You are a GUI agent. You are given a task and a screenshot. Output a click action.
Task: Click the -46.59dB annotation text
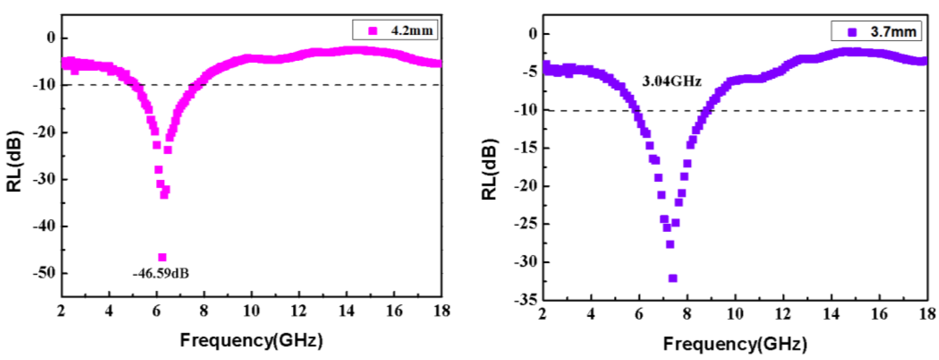[x=161, y=273]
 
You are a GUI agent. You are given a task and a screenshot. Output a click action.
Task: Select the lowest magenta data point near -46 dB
[x=162, y=257]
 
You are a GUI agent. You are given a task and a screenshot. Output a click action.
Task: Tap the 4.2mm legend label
[x=412, y=31]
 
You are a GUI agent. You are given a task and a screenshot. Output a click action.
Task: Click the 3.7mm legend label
[x=893, y=32]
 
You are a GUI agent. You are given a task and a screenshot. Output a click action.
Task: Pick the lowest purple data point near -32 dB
[x=673, y=278]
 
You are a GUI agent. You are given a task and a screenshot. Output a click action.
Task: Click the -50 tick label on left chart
[x=44, y=273]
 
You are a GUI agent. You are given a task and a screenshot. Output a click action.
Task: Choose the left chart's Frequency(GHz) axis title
[x=252, y=340]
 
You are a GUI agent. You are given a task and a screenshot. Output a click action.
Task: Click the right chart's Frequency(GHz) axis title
[x=735, y=344]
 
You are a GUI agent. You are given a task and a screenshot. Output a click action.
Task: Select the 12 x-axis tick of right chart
[x=782, y=314]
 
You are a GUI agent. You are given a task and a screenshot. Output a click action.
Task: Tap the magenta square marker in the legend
[x=373, y=31]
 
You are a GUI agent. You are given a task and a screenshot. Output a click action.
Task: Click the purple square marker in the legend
[x=852, y=32]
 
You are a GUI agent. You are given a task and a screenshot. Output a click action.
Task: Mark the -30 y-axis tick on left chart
[x=44, y=179]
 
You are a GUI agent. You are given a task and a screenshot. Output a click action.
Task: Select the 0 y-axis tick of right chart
[x=533, y=34]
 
